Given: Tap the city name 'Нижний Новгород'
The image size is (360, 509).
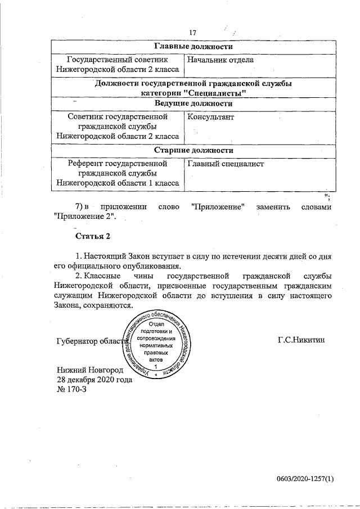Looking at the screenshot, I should [x=90, y=370].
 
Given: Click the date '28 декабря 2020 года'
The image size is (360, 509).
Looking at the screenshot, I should [x=94, y=380].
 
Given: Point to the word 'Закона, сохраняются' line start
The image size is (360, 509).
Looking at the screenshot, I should [x=73, y=306].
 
